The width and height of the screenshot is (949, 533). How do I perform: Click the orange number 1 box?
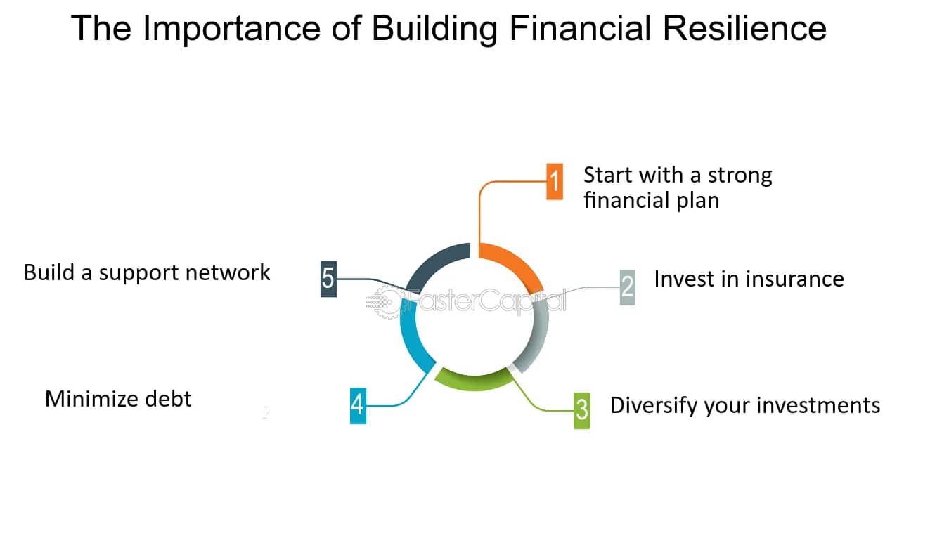(x=554, y=181)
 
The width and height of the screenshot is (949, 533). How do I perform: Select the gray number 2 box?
(x=628, y=287)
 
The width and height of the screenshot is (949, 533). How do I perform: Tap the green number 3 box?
(x=581, y=411)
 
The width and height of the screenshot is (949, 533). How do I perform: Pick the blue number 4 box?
(x=358, y=406)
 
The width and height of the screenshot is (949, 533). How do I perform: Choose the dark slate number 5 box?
(x=328, y=279)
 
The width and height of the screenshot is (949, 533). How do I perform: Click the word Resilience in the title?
(x=744, y=28)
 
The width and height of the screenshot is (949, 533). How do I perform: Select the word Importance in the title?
(x=232, y=29)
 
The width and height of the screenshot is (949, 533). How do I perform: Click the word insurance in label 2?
(x=795, y=279)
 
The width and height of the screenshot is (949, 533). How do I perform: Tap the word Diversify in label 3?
(x=654, y=405)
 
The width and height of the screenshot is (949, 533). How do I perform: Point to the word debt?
(x=168, y=399)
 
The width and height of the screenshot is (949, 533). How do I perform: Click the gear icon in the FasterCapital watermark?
(x=386, y=301)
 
